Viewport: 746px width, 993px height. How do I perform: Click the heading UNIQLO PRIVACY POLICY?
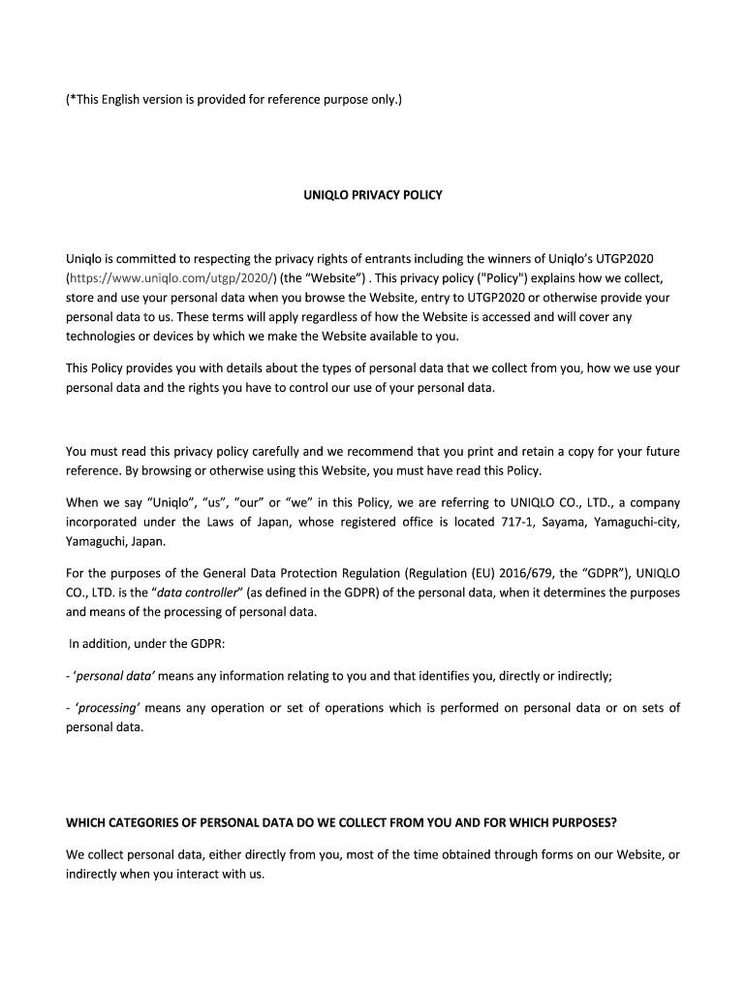coord(372,195)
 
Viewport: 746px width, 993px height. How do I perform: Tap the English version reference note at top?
coord(233,99)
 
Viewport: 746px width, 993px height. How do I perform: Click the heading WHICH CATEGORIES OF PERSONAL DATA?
coord(340,823)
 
